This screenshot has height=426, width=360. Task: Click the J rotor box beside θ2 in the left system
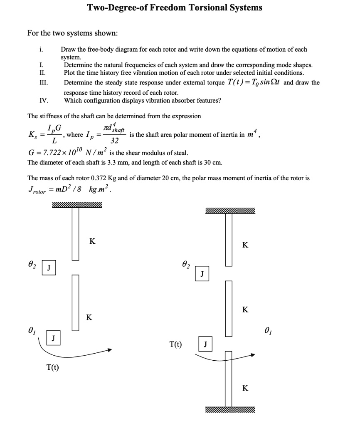pos(49,268)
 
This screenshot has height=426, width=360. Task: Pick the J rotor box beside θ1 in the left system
pos(53,338)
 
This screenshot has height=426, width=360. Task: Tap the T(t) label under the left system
pos(53,367)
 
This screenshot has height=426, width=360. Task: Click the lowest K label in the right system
pos(245,388)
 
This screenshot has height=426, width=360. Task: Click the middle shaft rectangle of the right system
pos(229,308)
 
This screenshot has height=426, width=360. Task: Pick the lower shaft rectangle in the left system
pos(75,302)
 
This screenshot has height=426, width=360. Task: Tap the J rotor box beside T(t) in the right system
pos(205,344)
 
